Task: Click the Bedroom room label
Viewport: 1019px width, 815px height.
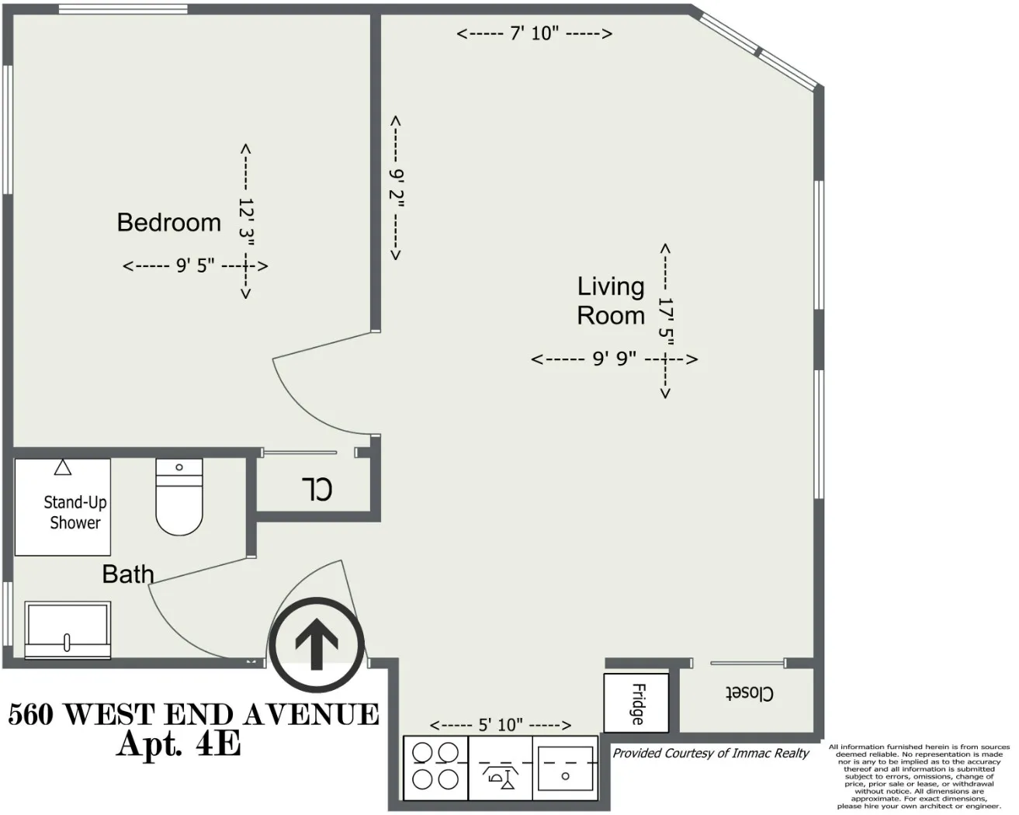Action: (168, 223)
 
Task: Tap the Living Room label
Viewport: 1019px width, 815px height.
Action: (611, 301)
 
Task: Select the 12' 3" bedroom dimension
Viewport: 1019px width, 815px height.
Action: (246, 221)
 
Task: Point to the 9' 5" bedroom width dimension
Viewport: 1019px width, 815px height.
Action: (195, 266)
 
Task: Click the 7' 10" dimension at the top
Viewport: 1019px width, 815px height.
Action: (535, 33)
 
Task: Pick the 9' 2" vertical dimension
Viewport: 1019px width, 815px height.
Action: (396, 189)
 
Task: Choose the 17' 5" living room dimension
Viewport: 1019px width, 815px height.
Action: (665, 321)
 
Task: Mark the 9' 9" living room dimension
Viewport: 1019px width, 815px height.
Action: (614, 359)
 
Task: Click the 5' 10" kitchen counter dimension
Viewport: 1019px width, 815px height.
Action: (501, 725)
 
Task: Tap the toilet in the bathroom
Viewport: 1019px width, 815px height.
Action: (179, 497)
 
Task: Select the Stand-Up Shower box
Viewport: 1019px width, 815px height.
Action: (63, 507)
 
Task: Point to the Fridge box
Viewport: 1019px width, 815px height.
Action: (636, 703)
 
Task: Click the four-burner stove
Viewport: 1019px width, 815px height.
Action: (435, 767)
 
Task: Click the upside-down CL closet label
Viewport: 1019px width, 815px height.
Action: (317, 489)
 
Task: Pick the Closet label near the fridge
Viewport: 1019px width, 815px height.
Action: (749, 693)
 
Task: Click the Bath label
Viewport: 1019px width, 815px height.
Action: (128, 574)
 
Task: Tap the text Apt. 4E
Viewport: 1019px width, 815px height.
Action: (178, 744)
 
